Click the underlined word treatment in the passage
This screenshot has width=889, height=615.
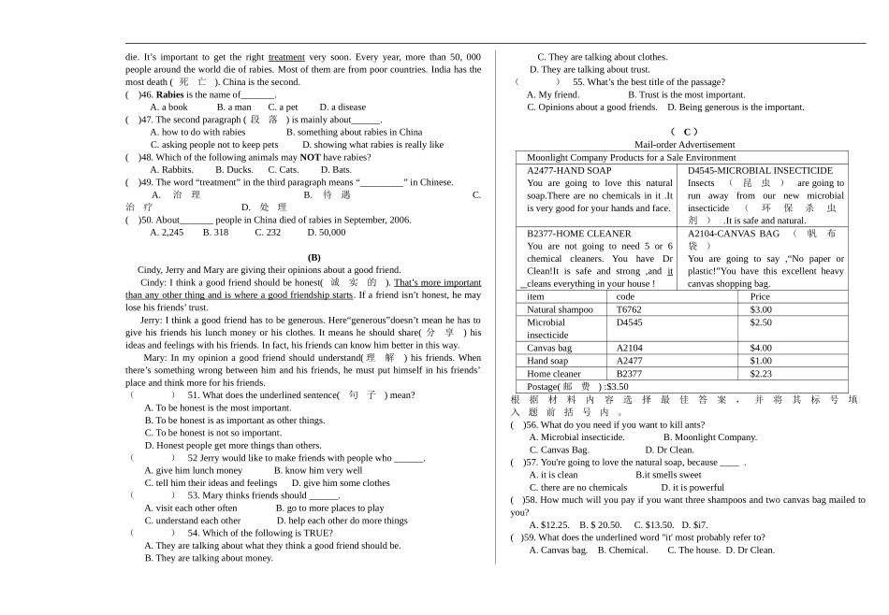pyautogui.click(x=286, y=57)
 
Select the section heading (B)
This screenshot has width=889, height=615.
pyautogui.click(x=313, y=257)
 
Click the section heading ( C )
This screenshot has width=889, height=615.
pyautogui.click(x=685, y=132)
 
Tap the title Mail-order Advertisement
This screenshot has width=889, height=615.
pyautogui.click(x=684, y=145)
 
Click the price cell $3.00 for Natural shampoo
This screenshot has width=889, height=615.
pyautogui.click(x=761, y=309)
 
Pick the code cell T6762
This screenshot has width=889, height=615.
pyautogui.click(x=629, y=309)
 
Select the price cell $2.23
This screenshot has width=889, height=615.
pyautogui.click(x=761, y=374)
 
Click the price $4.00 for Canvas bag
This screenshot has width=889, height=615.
pyautogui.click(x=761, y=348)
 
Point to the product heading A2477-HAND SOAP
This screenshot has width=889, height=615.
pyautogui.click(x=569, y=171)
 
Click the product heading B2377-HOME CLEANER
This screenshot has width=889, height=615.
pyautogui.click(x=578, y=234)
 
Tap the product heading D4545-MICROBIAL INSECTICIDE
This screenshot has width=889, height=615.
pyautogui.click(x=760, y=171)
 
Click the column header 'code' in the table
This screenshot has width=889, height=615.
pyautogui.click(x=625, y=296)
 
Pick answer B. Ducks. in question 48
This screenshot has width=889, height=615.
pyautogui.click(x=234, y=170)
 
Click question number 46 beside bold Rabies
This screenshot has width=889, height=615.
pyautogui.click(x=146, y=94)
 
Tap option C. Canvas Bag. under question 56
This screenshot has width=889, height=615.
pyautogui.click(x=559, y=450)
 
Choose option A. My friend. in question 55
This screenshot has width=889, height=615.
pyautogui.click(x=553, y=94)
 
